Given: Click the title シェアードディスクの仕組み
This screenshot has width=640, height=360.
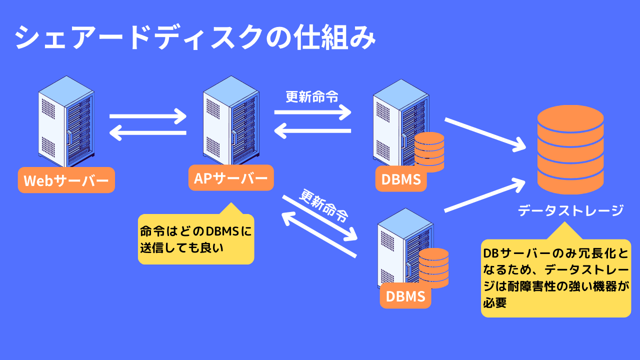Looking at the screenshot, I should (x=195, y=38).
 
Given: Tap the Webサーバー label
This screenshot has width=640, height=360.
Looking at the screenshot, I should (x=66, y=180).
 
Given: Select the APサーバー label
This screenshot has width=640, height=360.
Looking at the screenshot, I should (x=231, y=178).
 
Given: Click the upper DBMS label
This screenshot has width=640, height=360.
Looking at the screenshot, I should (x=401, y=179).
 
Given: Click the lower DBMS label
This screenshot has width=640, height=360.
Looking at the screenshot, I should (x=405, y=296).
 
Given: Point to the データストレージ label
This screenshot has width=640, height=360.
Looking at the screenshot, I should (x=570, y=210).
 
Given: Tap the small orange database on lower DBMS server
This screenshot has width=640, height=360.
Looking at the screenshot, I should (x=433, y=268).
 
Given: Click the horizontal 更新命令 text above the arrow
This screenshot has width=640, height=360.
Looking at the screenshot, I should (x=312, y=96).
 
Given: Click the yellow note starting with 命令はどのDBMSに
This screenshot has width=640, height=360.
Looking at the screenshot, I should (x=195, y=239).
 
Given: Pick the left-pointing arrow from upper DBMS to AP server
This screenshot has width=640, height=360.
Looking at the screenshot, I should (x=312, y=131).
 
